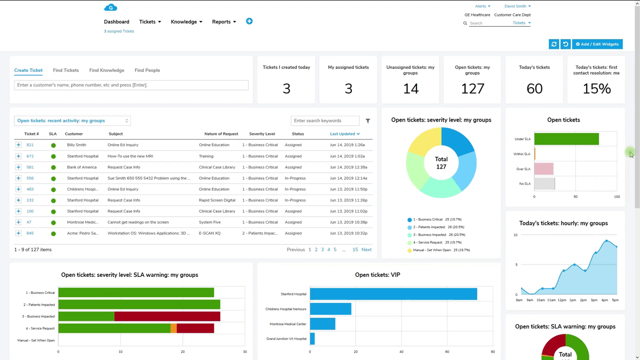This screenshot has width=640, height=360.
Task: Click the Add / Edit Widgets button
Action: (x=597, y=44)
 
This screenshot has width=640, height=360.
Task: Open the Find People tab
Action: (x=147, y=70)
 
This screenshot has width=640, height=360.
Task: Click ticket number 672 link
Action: (x=30, y=156)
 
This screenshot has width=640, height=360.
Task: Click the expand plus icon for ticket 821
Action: (x=18, y=145)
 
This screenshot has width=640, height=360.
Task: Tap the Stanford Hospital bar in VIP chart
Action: (x=393, y=294)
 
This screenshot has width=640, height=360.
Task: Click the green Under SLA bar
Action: (x=566, y=139)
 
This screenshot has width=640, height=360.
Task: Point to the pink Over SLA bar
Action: (x=543, y=169)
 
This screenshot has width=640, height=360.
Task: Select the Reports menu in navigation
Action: (x=223, y=22)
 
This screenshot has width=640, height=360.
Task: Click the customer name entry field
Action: (x=131, y=85)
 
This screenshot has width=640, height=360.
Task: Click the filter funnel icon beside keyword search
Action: (x=368, y=121)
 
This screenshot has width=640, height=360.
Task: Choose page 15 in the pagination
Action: (x=355, y=250)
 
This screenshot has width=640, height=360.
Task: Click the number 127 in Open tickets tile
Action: (x=473, y=89)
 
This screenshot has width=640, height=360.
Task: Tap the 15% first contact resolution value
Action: (x=596, y=89)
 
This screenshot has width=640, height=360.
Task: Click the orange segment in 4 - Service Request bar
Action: (x=173, y=329)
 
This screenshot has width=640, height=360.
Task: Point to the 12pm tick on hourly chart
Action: (x=562, y=300)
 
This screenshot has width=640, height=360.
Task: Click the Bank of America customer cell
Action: (x=82, y=167)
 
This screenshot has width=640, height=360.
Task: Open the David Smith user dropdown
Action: (x=517, y=6)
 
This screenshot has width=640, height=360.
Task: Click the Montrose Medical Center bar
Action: (x=322, y=324)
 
